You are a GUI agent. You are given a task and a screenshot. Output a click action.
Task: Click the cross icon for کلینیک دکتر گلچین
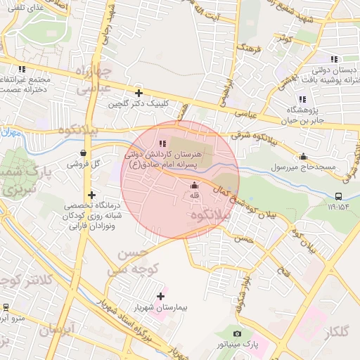point(139,93)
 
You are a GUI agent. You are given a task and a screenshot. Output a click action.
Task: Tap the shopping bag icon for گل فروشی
point(84,152)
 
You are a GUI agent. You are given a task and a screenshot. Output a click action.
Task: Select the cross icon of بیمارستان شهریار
point(161,297)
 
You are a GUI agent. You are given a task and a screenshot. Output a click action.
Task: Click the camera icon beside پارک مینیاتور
point(237,333)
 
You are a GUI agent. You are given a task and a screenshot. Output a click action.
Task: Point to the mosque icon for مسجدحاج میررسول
point(303,156)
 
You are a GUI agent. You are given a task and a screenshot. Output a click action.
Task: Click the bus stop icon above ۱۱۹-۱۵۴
point(340,196)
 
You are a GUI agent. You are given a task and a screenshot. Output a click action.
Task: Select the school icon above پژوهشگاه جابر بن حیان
point(302,98)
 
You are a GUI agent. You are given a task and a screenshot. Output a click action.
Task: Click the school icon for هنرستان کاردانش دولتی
point(162,143)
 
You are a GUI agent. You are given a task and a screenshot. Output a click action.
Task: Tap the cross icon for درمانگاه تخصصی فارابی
point(91,195)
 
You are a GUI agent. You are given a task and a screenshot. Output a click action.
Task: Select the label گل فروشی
point(84,164)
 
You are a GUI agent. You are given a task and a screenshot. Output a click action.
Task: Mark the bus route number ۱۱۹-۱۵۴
point(337,207)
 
